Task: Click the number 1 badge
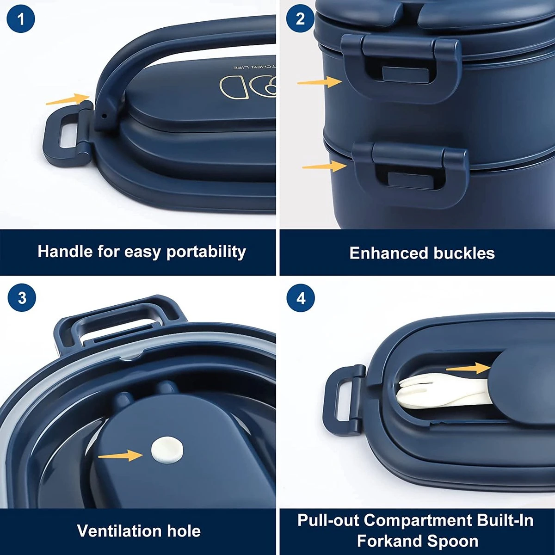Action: [21, 19]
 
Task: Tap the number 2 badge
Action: [301, 19]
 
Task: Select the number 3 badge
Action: [21, 297]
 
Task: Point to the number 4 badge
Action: [301, 298]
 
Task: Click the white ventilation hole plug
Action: [167, 450]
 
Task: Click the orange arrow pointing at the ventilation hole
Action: [120, 456]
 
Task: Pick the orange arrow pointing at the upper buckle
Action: [319, 82]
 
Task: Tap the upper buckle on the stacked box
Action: [398, 69]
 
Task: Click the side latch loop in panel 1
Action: [65, 134]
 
